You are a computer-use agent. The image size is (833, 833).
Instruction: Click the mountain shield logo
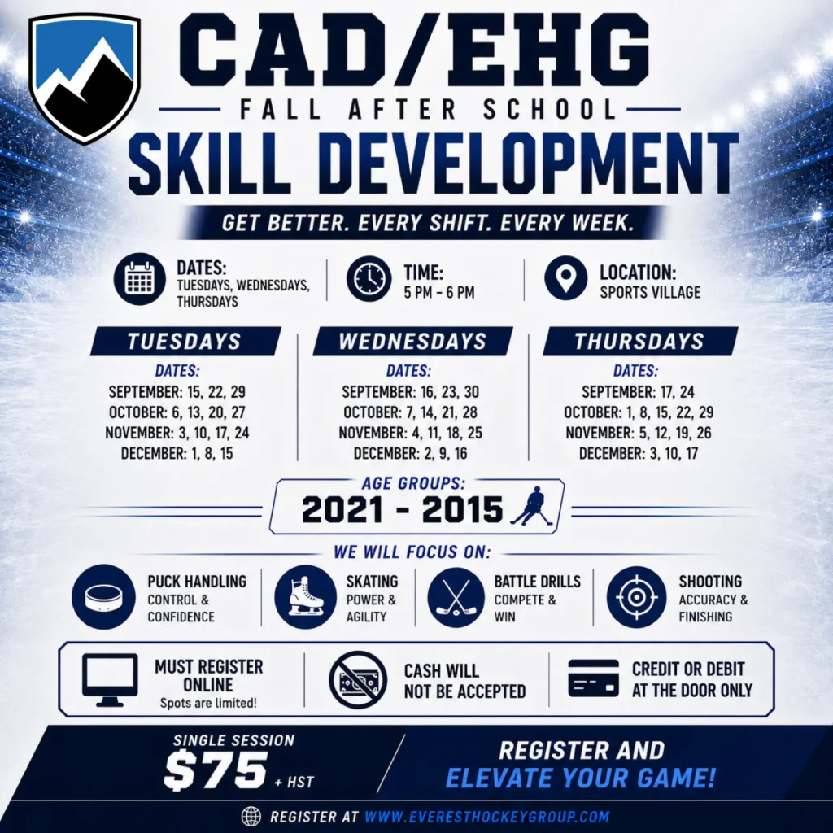point(85,79)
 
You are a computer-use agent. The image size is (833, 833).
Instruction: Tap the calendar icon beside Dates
point(140,279)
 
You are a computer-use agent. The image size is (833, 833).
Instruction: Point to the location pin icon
point(566,278)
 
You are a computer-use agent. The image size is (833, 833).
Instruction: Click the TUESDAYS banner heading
point(185,341)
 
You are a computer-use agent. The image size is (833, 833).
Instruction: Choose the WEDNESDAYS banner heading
point(412,341)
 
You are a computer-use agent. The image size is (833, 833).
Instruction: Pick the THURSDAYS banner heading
point(639,341)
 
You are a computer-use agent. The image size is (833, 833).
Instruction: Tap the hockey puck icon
point(104,596)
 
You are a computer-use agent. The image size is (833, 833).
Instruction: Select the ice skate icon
point(306,596)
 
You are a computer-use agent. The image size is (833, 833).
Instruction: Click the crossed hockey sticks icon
point(456,597)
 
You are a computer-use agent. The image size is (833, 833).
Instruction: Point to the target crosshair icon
point(636,597)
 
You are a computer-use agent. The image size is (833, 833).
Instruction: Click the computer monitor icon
point(110,680)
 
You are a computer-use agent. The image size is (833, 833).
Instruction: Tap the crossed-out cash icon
point(358,680)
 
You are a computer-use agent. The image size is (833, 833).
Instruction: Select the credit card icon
point(593,678)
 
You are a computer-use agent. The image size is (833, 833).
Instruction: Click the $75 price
point(215,771)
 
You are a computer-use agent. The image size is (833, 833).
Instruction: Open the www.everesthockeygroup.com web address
point(487,816)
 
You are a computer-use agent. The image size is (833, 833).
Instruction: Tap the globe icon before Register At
point(251,816)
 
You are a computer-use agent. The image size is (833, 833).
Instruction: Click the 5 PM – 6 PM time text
point(438,293)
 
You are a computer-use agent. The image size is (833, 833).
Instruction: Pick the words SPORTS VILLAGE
point(650,293)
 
